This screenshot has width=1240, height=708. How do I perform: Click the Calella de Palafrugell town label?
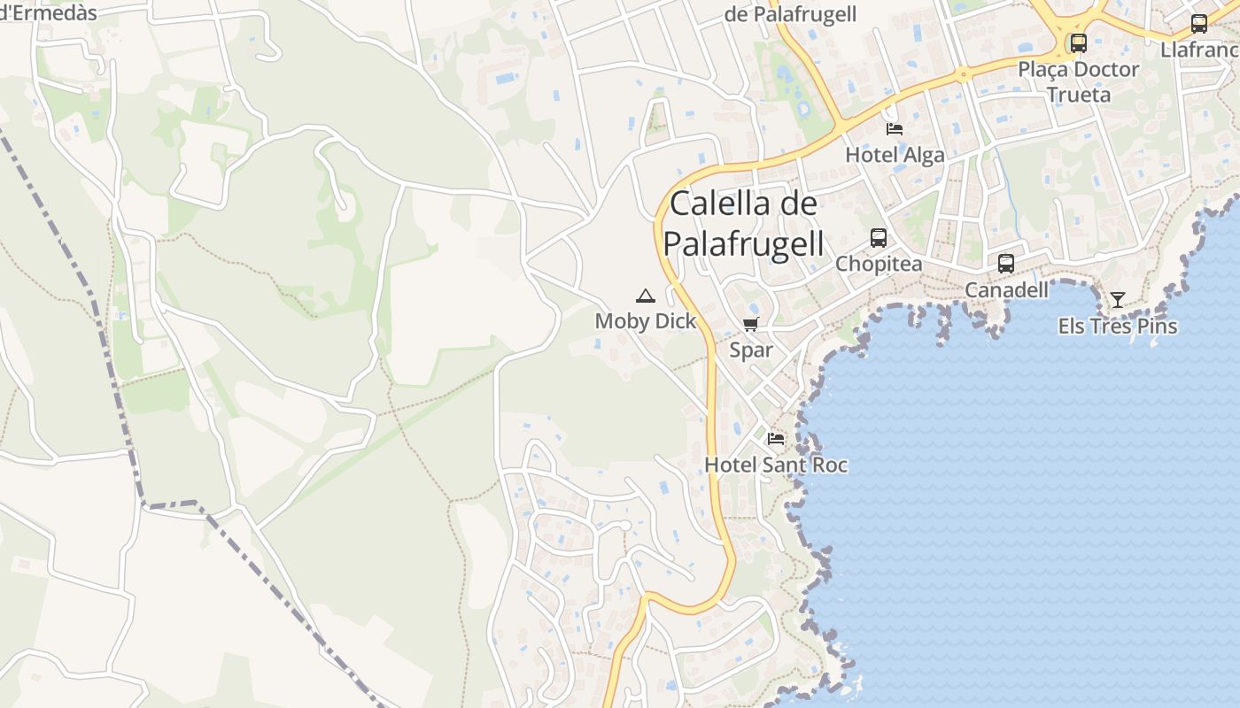tap(744, 223)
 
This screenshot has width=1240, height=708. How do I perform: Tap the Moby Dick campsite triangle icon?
tap(646, 296)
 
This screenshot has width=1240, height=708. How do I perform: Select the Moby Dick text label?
tap(646, 320)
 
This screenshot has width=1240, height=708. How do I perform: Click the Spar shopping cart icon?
tap(751, 325)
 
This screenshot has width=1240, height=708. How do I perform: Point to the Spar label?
tap(751, 350)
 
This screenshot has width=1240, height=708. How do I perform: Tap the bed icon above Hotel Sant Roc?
tap(776, 438)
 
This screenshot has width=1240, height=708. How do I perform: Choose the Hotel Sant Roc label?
tap(776, 465)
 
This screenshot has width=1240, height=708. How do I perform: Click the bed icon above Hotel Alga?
tap(895, 129)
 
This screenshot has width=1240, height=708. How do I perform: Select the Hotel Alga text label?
tap(895, 155)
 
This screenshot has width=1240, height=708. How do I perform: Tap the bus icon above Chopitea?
tap(879, 237)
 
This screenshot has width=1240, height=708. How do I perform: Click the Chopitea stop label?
tap(879, 264)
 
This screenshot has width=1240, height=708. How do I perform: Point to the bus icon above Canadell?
tap(1006, 263)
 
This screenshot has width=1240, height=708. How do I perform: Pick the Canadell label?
tap(1006, 289)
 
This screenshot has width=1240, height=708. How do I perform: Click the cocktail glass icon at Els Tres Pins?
tap(1118, 300)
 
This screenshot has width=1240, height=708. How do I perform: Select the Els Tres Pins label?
tap(1118, 326)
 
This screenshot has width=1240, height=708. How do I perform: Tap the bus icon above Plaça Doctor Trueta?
tap(1079, 42)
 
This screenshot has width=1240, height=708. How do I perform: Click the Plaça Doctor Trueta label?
tap(1078, 81)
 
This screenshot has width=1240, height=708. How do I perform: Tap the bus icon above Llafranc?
tap(1199, 24)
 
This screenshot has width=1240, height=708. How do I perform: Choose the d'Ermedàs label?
tap(49, 12)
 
